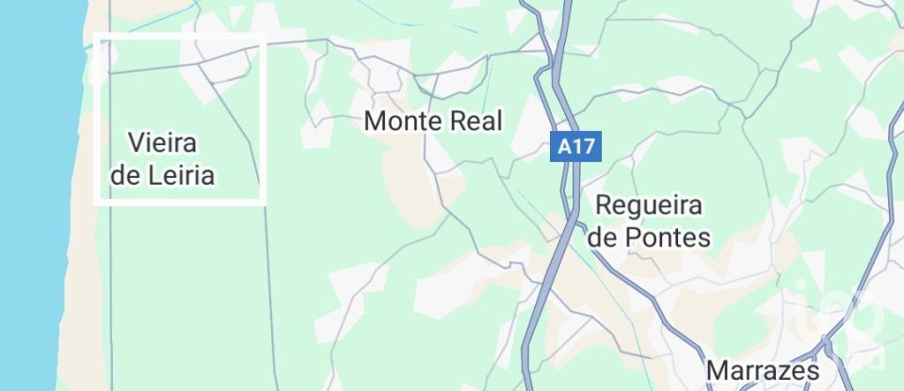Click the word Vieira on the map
pyautogui.click(x=162, y=143)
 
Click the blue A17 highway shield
pyautogui.click(x=576, y=146)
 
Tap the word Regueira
pyautogui.click(x=651, y=205)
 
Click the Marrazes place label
pyautogui.click(x=763, y=368)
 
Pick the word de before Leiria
pyautogui.click(x=124, y=175)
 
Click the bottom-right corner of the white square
pyautogui.click(x=263, y=201)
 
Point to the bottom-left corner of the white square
pyautogui.click(x=96, y=201)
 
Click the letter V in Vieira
pyautogui.click(x=135, y=143)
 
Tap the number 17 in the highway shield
pyautogui.click(x=584, y=146)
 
